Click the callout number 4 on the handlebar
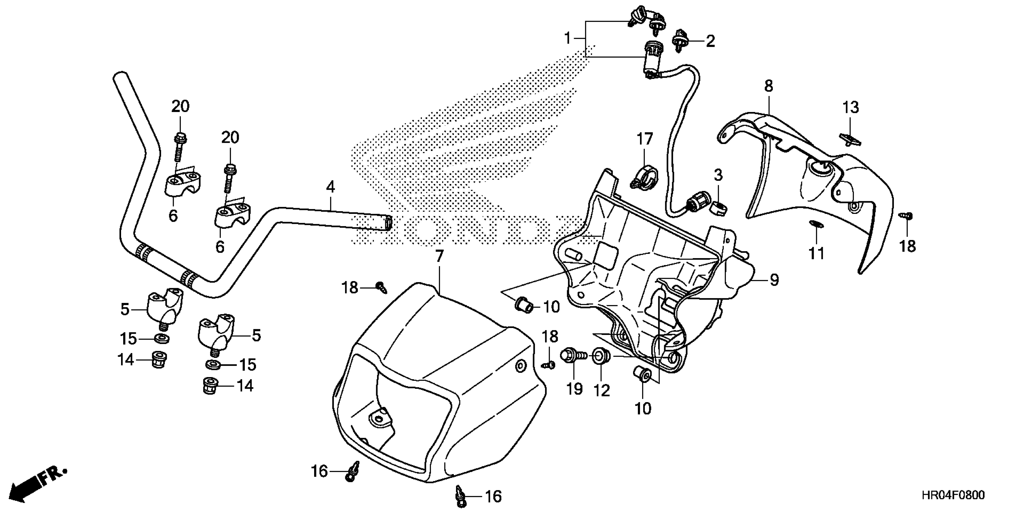click(x=330, y=187)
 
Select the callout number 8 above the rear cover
click(x=768, y=86)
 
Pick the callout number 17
click(x=645, y=139)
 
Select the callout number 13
click(x=851, y=107)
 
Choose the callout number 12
click(x=602, y=391)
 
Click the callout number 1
click(x=568, y=39)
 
